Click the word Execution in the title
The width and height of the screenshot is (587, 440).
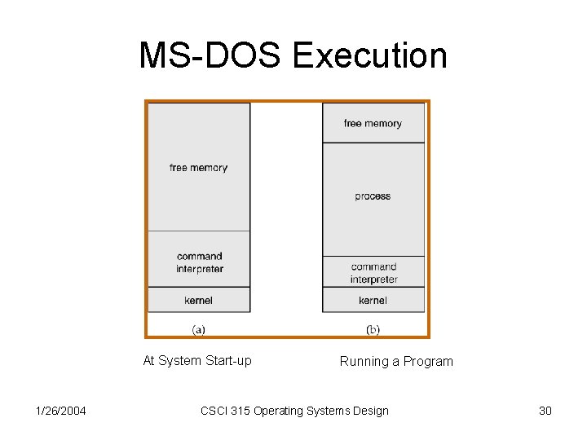click(x=369, y=55)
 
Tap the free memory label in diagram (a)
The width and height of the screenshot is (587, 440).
click(x=198, y=168)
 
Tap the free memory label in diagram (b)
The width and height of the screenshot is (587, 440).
click(x=373, y=124)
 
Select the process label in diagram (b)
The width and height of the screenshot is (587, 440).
click(x=373, y=196)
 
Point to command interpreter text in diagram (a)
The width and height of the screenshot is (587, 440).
click(x=199, y=263)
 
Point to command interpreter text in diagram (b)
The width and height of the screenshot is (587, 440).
click(x=373, y=273)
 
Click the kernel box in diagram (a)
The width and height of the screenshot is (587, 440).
click(x=198, y=300)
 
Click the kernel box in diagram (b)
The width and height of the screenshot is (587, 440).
click(x=373, y=300)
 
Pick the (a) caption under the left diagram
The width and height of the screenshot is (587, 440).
click(x=198, y=329)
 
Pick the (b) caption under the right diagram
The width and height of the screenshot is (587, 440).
click(x=373, y=329)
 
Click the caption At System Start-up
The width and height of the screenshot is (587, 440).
click(x=197, y=361)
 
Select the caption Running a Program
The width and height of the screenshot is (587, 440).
click(x=396, y=361)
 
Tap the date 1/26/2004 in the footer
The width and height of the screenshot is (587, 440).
click(x=62, y=411)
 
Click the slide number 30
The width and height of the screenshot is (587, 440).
click(x=545, y=411)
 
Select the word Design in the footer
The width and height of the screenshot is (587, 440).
click(x=370, y=411)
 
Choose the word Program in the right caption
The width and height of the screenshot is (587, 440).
click(x=428, y=361)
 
